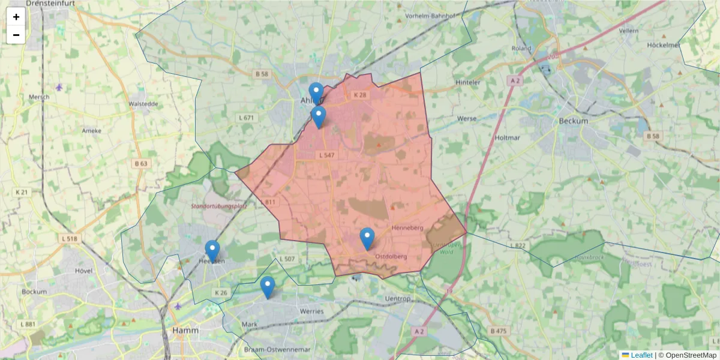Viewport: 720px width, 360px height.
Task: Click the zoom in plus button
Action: pos(16,17)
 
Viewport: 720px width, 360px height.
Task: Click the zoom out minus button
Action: pos(16,35)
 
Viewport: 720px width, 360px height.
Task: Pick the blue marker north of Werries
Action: pos(268,287)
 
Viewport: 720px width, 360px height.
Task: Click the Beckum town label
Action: pos(573,121)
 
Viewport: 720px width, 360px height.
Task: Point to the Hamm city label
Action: pos(185,330)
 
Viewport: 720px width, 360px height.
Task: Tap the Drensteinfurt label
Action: pos(36,5)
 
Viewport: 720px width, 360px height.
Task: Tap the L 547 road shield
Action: pos(326,155)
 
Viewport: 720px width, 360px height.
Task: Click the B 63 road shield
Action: pos(141,163)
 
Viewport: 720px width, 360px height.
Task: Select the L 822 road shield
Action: pos(518,246)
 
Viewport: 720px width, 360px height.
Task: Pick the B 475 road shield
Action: pos(497,331)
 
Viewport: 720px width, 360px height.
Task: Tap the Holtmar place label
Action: pos(507,137)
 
